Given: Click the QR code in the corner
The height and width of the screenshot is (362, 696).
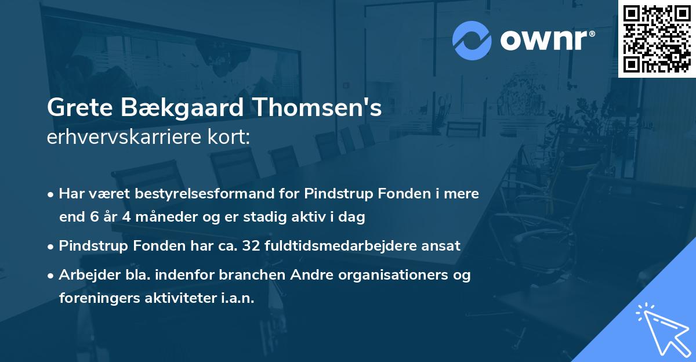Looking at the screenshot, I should pos(657,38).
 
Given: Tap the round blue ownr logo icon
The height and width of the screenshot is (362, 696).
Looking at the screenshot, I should pos(472,40).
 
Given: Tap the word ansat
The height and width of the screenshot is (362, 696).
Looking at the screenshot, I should pos(444,245).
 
